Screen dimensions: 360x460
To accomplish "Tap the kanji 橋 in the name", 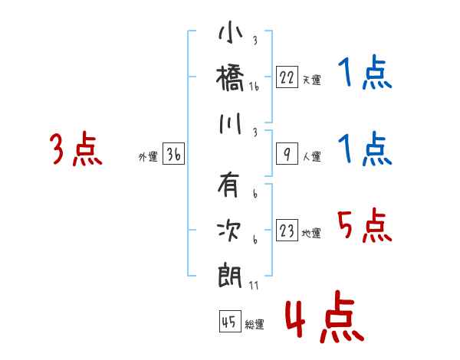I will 230,78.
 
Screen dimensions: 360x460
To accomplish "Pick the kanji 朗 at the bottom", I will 230,273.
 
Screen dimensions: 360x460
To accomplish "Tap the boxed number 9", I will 287,154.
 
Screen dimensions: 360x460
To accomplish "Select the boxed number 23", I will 287,231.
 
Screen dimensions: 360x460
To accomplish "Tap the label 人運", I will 311,157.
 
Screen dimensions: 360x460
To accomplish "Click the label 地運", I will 311,234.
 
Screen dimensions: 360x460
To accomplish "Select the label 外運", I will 148,157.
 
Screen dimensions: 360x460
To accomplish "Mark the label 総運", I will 255,325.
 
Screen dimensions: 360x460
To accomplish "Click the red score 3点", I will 75,149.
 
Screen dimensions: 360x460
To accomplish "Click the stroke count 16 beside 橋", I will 255,88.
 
